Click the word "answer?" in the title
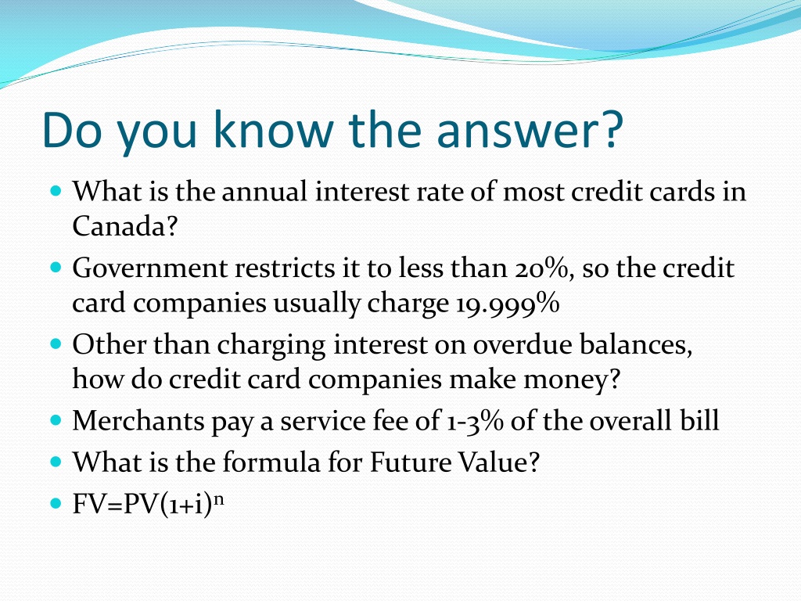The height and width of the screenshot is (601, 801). [530, 130]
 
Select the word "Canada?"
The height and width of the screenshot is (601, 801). [124, 225]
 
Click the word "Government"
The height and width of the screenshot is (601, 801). [149, 268]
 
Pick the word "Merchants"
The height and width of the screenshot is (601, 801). [138, 420]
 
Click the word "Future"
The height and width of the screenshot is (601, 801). [410, 462]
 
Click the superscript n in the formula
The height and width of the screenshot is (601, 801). [218, 498]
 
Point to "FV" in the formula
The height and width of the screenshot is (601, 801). [89, 505]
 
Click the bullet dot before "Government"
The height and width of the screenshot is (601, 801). [56, 267]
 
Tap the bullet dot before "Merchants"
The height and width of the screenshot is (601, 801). [56, 420]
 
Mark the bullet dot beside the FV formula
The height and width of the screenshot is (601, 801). [56, 503]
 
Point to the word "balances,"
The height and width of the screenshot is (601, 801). [635, 344]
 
